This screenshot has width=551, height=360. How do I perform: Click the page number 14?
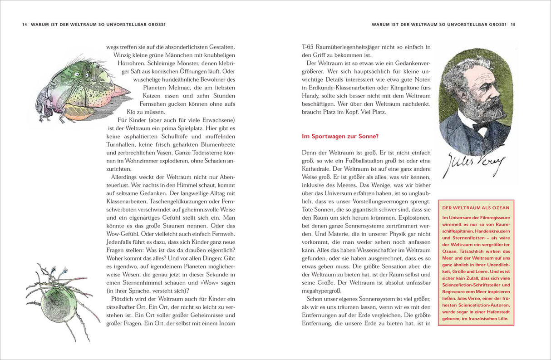coord(25,25)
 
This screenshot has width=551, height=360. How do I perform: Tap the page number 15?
coord(512,25)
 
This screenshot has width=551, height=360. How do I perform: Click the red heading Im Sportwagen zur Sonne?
coord(340,136)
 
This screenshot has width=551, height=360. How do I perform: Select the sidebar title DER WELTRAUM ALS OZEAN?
coord(476,208)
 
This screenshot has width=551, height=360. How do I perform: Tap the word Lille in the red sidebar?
coord(502,319)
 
